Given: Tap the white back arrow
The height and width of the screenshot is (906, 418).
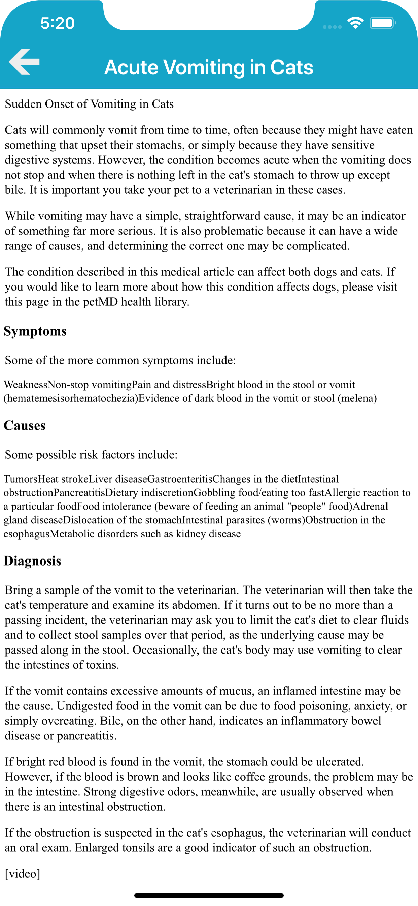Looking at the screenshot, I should (24, 62).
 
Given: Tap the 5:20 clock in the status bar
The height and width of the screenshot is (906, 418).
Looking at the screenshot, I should (57, 23).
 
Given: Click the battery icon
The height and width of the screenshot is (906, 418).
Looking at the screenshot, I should (382, 23).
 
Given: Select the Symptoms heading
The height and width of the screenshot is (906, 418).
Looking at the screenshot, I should (35, 331).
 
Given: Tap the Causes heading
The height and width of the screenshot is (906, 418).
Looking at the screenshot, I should (25, 426).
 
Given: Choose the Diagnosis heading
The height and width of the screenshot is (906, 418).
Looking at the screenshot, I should (32, 561).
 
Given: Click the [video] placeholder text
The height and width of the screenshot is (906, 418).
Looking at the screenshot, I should (23, 873).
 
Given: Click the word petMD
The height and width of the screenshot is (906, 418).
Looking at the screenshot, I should (100, 302).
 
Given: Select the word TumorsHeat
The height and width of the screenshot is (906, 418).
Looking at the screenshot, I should (31, 479).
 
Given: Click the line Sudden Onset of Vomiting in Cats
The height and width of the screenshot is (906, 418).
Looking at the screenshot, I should (89, 104).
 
